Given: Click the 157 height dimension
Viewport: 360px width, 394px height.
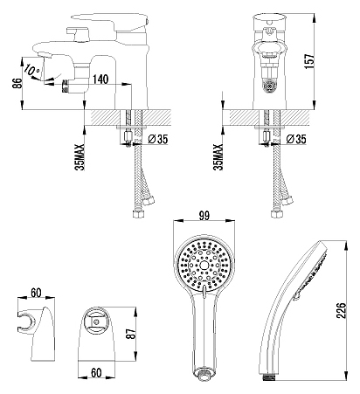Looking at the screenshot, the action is click(309, 61).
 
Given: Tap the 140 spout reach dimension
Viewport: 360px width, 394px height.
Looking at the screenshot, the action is click(100, 79).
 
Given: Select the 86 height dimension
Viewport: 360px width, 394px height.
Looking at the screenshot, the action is click(17, 84).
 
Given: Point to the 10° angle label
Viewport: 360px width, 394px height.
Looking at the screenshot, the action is click(32, 70).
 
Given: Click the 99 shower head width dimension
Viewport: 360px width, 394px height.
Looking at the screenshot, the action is click(204, 216).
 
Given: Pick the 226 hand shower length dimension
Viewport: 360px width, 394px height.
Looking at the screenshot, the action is click(341, 310).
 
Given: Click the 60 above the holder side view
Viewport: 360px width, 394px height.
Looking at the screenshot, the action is click(36, 293).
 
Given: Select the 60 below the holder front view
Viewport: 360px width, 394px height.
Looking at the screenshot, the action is click(96, 372).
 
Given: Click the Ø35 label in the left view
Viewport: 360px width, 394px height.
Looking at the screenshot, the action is click(158, 139).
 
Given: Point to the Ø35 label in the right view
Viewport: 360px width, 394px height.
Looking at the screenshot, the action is click(296, 139).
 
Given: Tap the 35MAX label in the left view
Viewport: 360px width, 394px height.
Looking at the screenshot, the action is click(80, 157).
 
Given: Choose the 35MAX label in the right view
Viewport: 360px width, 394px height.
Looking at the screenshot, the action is click(218, 157).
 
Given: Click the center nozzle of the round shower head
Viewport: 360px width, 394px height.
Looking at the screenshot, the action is click(204, 265).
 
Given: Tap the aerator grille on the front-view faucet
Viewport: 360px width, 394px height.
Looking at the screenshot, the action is click(270, 86).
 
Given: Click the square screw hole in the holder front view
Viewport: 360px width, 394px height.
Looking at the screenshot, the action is click(95, 322).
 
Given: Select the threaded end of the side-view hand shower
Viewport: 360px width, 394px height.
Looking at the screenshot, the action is click(269, 378).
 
